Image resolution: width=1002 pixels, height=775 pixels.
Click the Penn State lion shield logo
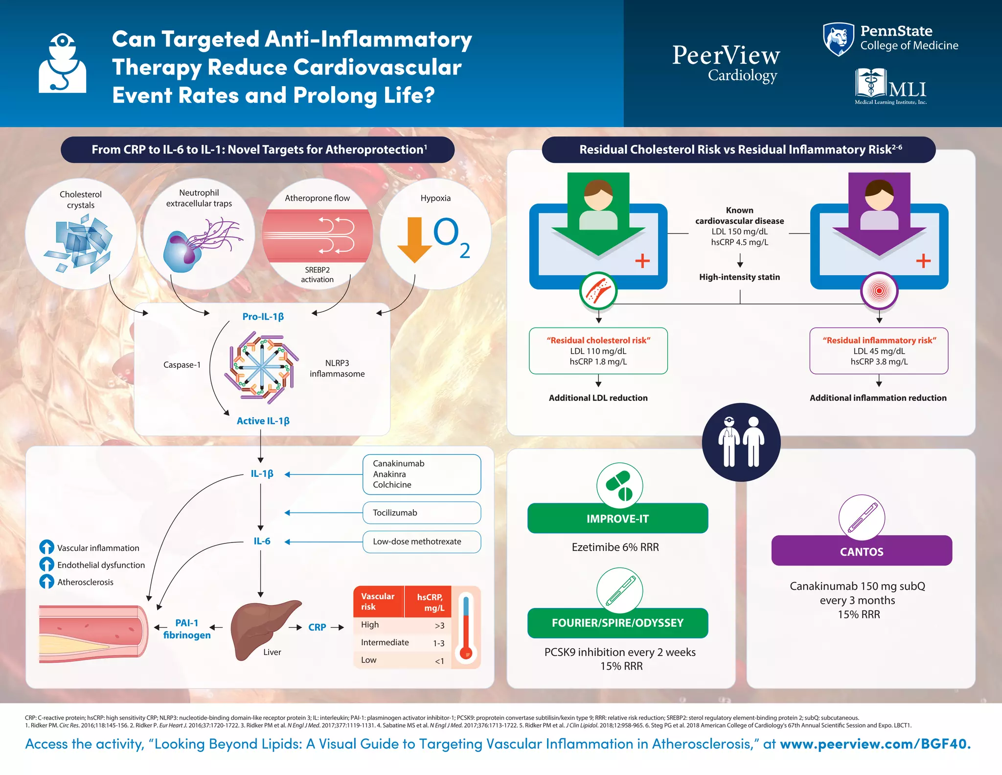tap(838, 39)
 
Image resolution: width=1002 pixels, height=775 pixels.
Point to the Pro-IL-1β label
tap(263, 317)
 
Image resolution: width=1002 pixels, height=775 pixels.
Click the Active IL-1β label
tap(263, 421)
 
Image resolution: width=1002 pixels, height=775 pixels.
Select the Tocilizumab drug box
tap(421, 513)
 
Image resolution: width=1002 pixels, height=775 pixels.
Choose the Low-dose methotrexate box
tap(421, 541)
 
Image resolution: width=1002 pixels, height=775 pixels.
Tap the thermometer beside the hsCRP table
tap(466, 628)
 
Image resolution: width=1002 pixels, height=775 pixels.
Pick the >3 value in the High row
tap(439, 626)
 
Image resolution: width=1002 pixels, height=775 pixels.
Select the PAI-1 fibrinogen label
tap(187, 629)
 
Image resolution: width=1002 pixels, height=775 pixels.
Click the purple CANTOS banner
tap(861, 551)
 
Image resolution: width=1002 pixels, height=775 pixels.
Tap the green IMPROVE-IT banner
tap(617, 518)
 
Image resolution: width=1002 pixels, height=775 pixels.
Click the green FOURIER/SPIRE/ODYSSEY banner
tap(617, 623)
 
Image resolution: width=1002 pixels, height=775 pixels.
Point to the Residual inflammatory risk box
tap(879, 351)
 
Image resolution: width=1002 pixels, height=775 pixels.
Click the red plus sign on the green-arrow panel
tap(642, 261)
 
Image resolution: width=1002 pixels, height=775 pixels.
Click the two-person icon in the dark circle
tap(741, 442)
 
